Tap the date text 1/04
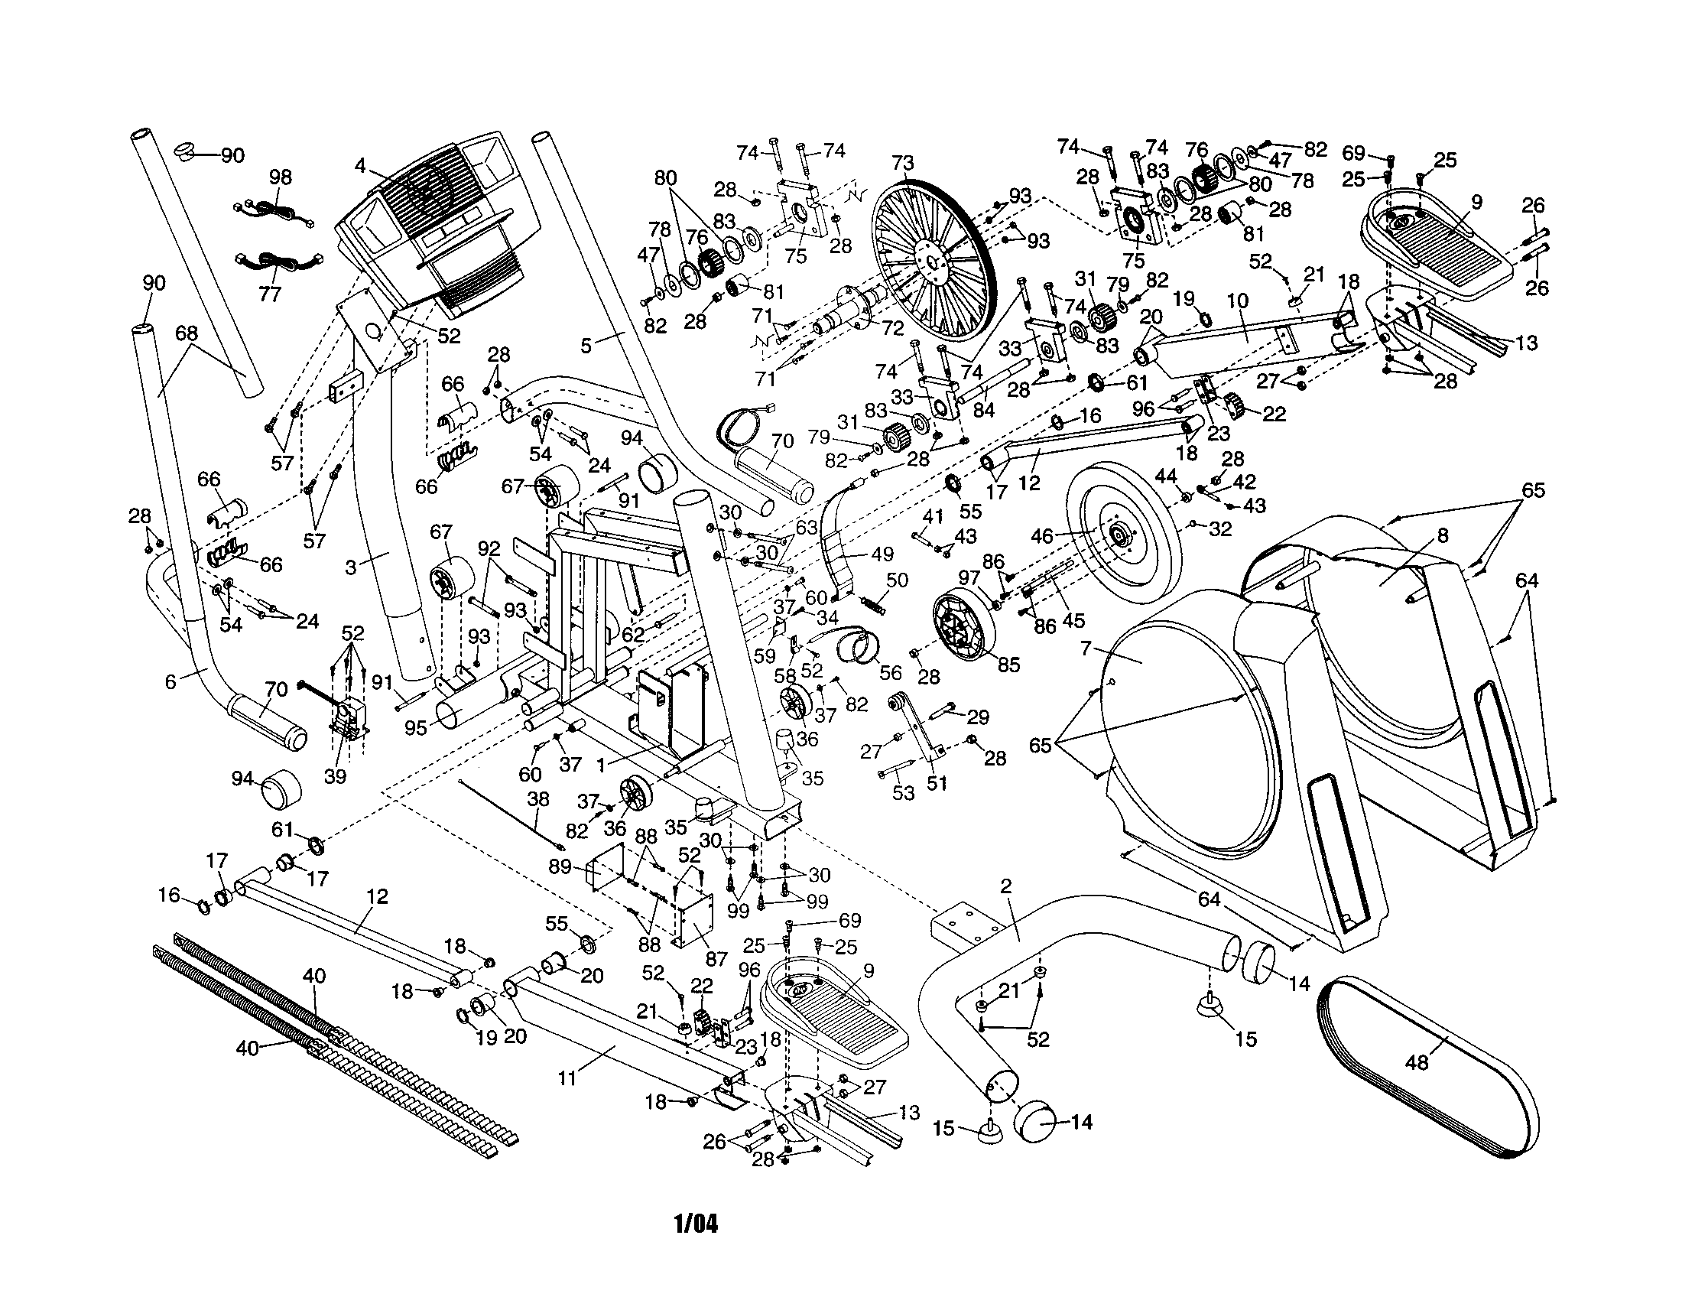coord(696,1224)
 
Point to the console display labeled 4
coord(437,223)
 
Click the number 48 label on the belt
coord(1416,1063)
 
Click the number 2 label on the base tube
coord(1006,886)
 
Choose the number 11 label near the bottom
coord(567,1078)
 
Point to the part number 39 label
coord(335,776)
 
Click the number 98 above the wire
coord(281,177)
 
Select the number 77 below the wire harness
coord(270,294)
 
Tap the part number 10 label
coord(1237,301)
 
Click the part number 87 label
coord(716,958)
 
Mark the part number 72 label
coord(892,328)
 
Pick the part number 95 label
coord(415,728)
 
